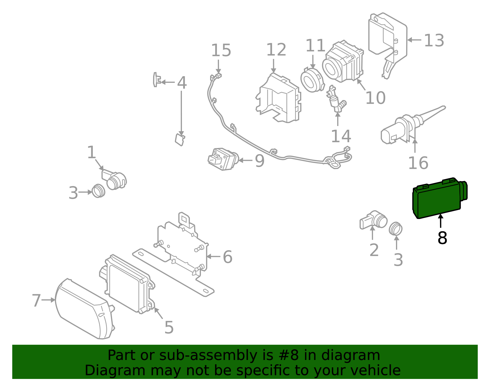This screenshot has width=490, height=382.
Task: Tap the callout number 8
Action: pyautogui.click(x=442, y=238)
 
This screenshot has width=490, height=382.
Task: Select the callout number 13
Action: pyautogui.click(x=434, y=41)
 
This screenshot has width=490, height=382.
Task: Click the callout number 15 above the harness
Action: pyautogui.click(x=221, y=50)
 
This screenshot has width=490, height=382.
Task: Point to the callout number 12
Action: pyautogui.click(x=276, y=50)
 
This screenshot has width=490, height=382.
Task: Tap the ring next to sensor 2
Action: pyautogui.click(x=396, y=229)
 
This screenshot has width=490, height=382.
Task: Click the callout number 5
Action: pyautogui.click(x=169, y=328)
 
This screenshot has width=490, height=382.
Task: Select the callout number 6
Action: pyautogui.click(x=227, y=257)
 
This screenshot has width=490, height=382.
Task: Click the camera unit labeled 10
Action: pyautogui.click(x=343, y=61)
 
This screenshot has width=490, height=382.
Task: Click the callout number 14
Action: pyautogui.click(x=341, y=136)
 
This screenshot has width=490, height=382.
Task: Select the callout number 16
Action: pyautogui.click(x=418, y=163)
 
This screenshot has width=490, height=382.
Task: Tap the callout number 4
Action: pyautogui.click(x=182, y=83)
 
